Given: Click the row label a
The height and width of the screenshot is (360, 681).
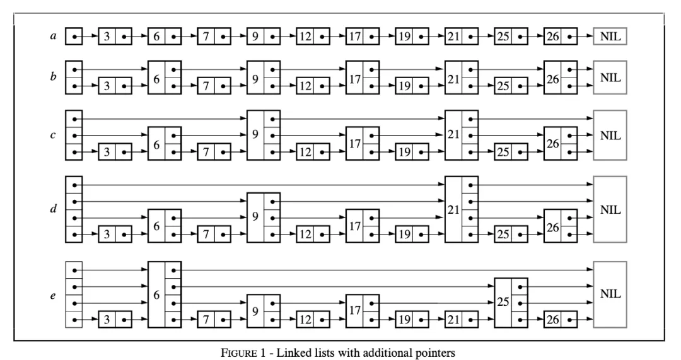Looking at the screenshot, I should pos(54,37).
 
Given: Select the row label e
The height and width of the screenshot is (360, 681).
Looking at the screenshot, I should pos(54,294).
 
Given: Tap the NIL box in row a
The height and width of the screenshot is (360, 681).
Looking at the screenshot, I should pos(610,37).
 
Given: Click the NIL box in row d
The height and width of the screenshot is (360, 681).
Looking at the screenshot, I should pos(610,210).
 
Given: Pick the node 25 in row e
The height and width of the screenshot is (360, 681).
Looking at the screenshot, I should pos(511,302).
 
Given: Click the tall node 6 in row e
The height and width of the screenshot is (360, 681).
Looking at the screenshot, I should pos(165,294).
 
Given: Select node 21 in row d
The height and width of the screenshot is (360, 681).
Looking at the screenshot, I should pos(462,210).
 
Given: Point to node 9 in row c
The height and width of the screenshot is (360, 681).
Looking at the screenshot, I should pos(264,135).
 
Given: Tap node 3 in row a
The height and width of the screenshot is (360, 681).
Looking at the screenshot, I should pos(115,37).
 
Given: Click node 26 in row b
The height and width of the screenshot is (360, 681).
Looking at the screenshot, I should pos(561,78).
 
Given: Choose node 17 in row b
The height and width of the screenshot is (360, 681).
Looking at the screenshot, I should pos(363,78).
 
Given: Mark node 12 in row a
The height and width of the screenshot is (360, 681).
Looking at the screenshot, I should pos(313,37).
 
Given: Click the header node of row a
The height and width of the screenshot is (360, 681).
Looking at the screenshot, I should pos(74,37).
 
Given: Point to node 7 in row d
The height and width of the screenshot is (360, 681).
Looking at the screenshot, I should pos(214,235).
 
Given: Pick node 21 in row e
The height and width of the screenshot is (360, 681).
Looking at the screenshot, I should pos(462,320).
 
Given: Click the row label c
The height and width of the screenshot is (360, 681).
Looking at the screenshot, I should pos(54,135).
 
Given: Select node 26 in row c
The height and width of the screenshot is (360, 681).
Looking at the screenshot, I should pos(561,144).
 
